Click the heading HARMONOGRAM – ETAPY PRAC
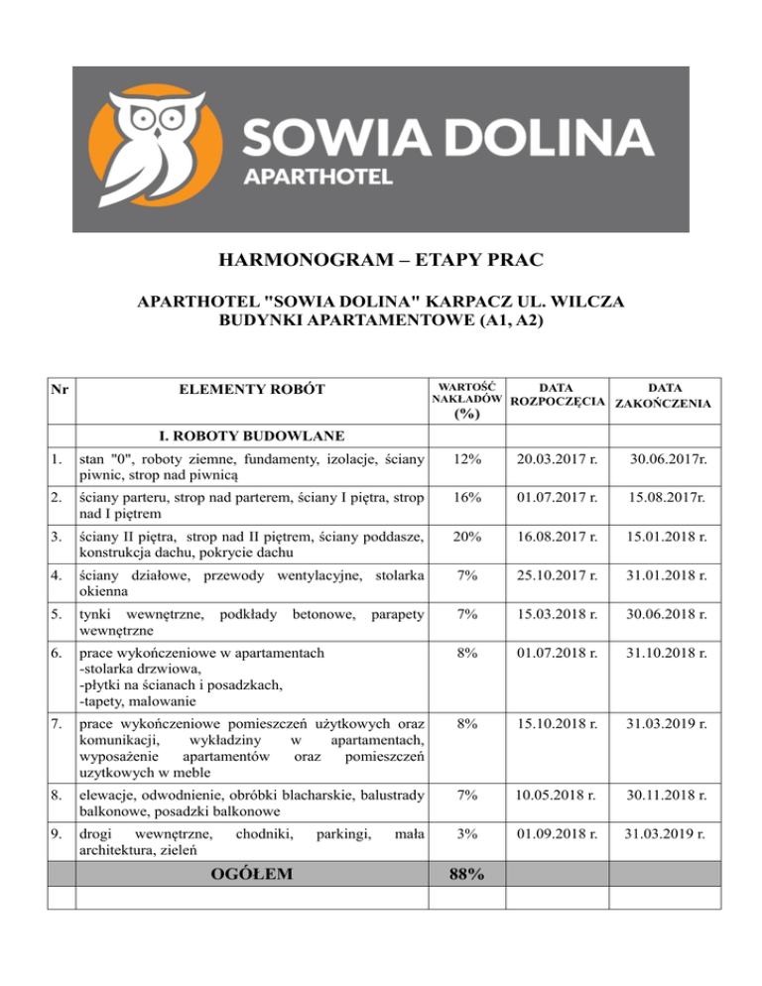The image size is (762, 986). [381, 263]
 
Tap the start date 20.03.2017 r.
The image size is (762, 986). [558, 459]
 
